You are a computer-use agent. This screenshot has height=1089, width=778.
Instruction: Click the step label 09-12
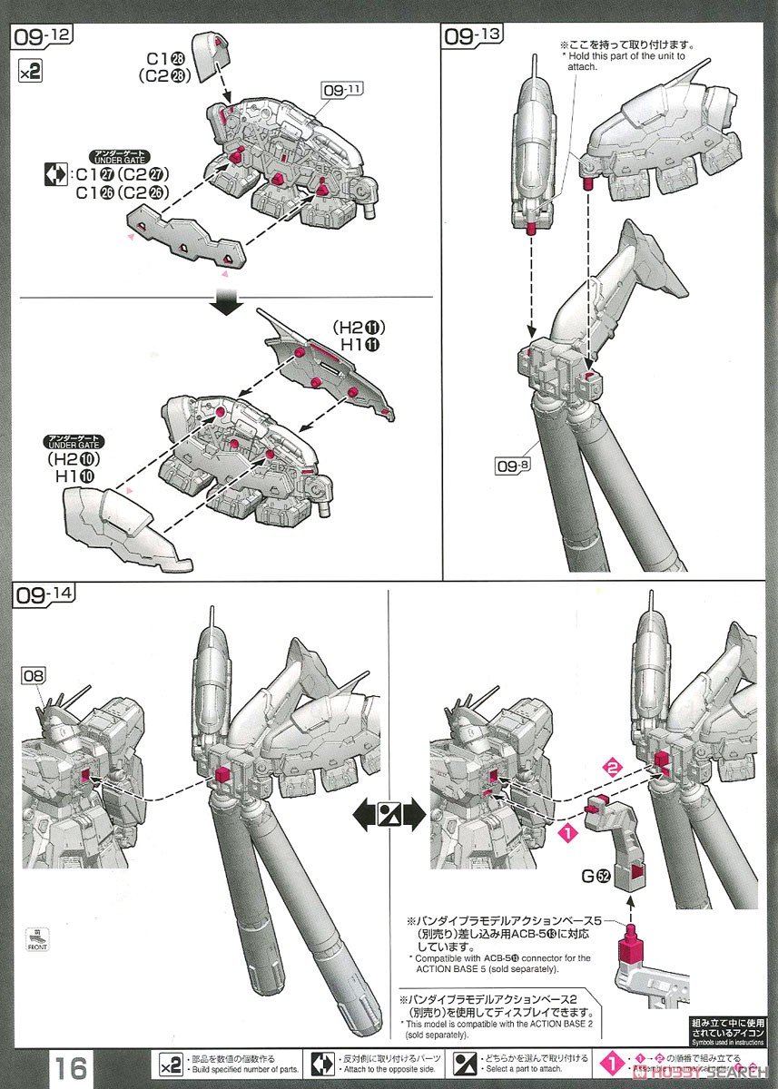(42, 35)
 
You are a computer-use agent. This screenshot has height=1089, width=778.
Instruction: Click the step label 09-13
(473, 35)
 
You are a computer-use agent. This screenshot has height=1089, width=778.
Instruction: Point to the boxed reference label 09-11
(342, 89)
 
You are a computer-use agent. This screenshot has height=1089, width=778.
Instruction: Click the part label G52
(595, 877)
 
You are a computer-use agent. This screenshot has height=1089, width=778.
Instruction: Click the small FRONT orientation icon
(37, 940)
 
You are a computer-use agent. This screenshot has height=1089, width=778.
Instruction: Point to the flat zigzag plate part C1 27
(186, 239)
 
